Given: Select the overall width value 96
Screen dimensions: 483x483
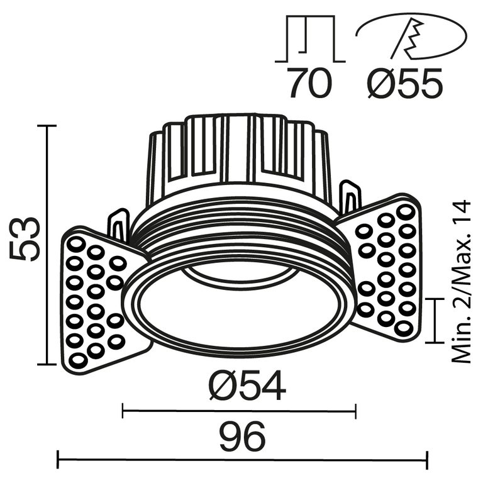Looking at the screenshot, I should click(242, 436).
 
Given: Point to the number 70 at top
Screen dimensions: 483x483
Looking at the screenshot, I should click(309, 84).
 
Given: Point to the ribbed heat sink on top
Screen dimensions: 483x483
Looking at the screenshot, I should click(239, 154).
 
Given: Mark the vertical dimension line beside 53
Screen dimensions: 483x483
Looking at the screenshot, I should click(47, 245).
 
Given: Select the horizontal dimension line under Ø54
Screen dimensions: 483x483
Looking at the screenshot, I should click(239, 412).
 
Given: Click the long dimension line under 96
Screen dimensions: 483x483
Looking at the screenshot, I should click(242, 460).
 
